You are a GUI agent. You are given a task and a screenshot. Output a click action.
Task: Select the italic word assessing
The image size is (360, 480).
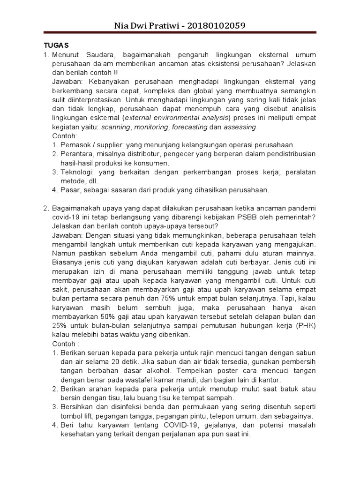pyautogui.click(x=240, y=127)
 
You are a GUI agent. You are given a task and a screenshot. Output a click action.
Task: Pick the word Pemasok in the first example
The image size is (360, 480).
pyautogui.click(x=75, y=145)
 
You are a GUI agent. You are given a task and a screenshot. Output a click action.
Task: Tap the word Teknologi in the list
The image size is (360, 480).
pyautogui.click(x=77, y=172)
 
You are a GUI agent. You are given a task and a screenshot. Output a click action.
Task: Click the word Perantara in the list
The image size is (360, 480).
pyautogui.click(x=77, y=154)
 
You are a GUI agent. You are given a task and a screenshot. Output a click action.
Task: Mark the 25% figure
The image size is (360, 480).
pyautogui.click(x=60, y=325)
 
